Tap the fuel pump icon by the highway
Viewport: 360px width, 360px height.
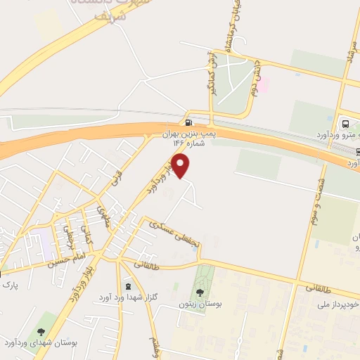pyautogui.click(x=188, y=121)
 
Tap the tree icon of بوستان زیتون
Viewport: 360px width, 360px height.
pyautogui.click(x=201, y=292)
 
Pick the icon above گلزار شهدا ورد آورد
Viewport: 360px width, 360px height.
pyautogui.click(x=127, y=286)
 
